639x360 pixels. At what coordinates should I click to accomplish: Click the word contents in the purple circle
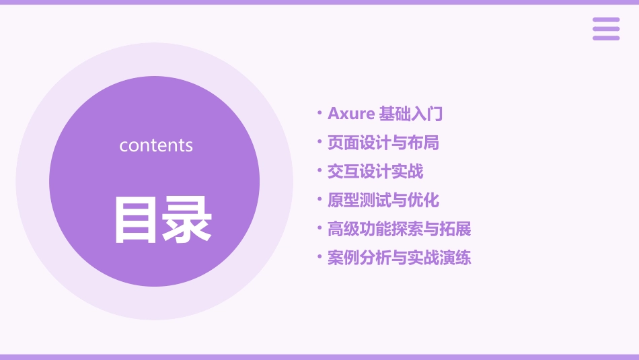click(156, 145)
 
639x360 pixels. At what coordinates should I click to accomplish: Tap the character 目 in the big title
click(138, 219)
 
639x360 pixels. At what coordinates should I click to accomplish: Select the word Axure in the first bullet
click(350, 114)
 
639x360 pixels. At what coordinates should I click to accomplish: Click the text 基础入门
click(411, 114)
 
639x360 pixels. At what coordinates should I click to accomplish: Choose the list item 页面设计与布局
click(383, 143)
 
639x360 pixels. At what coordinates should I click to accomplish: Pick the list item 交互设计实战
click(375, 172)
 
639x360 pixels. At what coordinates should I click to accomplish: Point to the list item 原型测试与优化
click(383, 201)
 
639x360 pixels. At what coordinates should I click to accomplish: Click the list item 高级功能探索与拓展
click(400, 229)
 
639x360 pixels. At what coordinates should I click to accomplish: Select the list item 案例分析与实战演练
click(400, 258)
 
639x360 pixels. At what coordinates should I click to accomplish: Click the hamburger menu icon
click(606, 29)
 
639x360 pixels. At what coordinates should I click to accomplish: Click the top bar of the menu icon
click(606, 20)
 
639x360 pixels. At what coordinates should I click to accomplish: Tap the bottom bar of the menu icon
click(606, 38)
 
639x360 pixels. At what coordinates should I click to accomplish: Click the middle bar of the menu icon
click(606, 29)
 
